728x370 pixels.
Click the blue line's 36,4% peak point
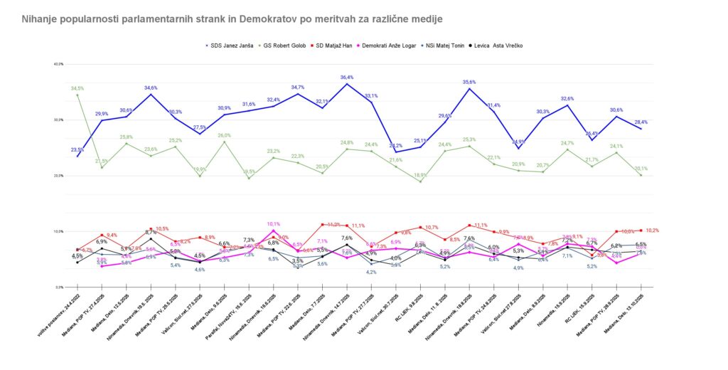(347, 84)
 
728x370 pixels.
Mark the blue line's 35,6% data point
(469, 88)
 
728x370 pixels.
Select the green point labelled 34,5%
(77, 95)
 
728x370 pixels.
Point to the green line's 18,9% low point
(420, 181)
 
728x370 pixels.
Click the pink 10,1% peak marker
(274, 231)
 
